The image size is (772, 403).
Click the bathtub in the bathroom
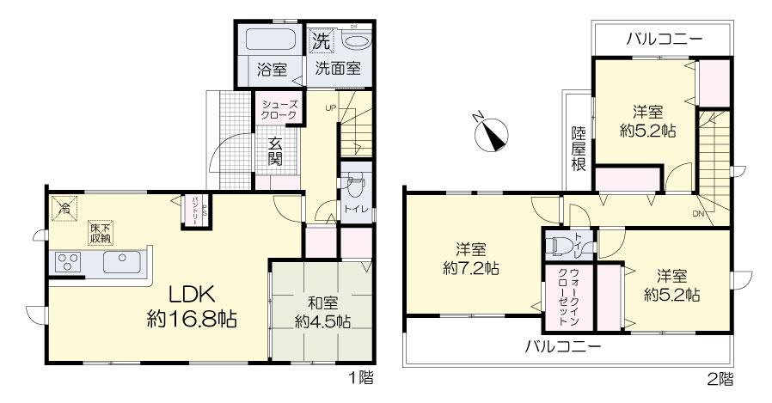(x=271, y=40)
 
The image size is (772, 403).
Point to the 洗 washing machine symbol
(x=320, y=40)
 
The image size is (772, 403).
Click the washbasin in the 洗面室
(x=355, y=41)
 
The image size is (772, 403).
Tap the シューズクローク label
(x=279, y=108)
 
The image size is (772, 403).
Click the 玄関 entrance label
(x=276, y=151)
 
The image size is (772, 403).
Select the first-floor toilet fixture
(x=355, y=186)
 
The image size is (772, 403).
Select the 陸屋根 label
(x=579, y=149)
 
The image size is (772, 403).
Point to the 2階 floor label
(x=720, y=377)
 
